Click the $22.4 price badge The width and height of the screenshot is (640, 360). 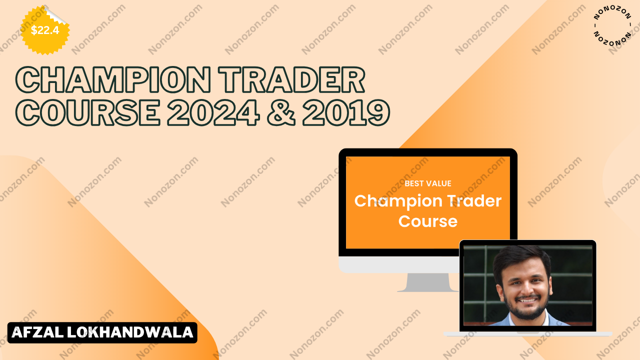coord(45,30)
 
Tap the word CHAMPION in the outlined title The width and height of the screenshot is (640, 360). coord(113,79)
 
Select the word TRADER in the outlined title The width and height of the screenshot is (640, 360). coord(292,79)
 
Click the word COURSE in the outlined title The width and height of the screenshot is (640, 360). coord(87,112)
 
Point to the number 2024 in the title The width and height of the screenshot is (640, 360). coord(213,112)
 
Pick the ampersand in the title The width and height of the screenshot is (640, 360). coord(281,112)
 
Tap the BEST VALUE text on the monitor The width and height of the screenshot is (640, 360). coord(428,183)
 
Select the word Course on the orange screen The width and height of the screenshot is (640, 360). coord(428,221)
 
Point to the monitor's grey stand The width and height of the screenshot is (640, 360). coord(427,282)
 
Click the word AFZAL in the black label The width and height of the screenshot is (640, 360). coord(37,332)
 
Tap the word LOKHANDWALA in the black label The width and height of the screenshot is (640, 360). coord(130,332)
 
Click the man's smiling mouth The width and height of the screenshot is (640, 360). coord(526,300)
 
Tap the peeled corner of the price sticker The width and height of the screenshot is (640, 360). coord(56,15)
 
